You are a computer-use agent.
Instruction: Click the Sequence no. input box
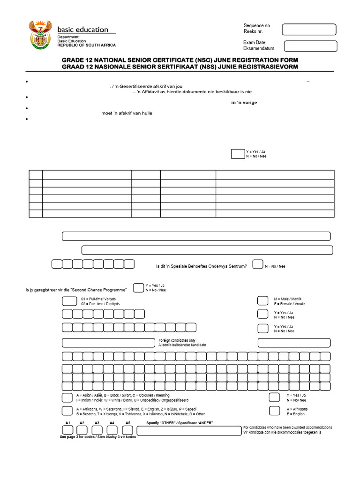click(x=309, y=30)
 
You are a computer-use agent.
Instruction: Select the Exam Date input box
click(x=311, y=46)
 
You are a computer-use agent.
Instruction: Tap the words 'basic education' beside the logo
click(x=82, y=30)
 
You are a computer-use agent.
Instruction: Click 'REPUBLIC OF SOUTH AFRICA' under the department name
click(x=86, y=45)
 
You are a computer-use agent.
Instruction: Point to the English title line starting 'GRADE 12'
click(x=180, y=60)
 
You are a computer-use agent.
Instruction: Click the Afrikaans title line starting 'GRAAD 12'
click(x=180, y=67)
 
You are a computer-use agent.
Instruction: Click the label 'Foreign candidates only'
click(x=177, y=340)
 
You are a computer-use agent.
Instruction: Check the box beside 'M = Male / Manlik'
click(x=263, y=300)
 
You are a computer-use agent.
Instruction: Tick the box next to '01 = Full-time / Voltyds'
click(x=69, y=300)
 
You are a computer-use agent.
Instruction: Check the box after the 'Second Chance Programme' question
click(x=138, y=287)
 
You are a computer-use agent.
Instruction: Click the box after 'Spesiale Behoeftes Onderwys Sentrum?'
click(x=257, y=264)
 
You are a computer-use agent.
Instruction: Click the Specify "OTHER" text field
click(x=189, y=431)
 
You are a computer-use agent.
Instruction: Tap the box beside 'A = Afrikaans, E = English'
click(x=275, y=411)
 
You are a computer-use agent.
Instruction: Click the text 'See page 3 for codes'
click(x=78, y=437)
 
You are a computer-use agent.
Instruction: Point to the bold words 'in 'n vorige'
click(x=244, y=103)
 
